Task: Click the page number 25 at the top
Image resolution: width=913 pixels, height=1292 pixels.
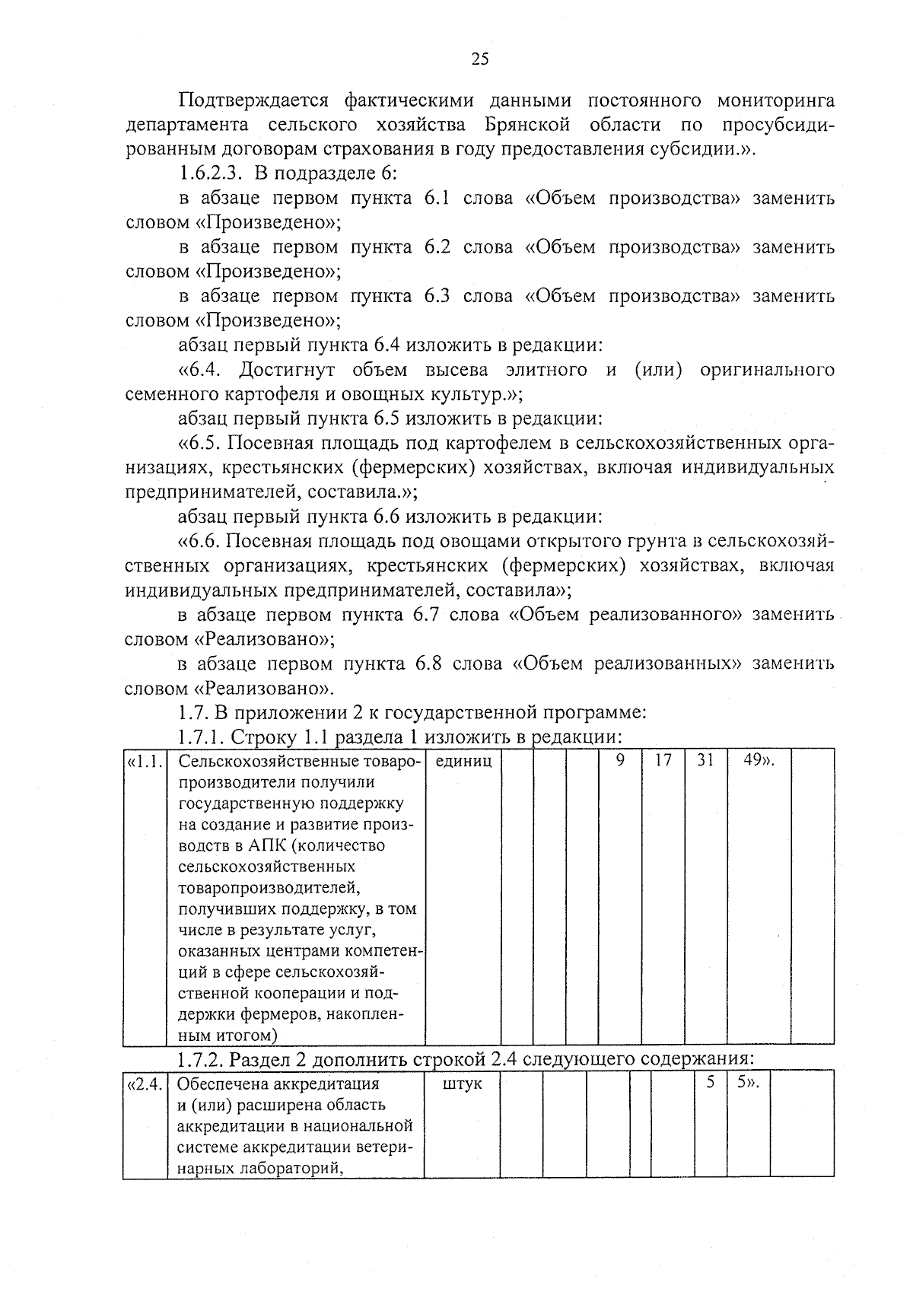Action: click(x=480, y=59)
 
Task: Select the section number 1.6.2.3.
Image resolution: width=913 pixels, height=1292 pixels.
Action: click(x=210, y=173)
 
